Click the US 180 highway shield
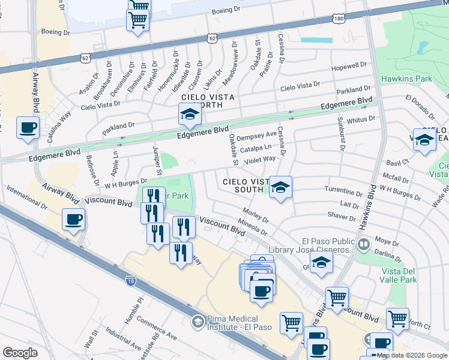339,19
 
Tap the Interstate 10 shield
131,280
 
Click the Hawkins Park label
406,79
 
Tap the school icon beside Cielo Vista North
189,114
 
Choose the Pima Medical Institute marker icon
197,322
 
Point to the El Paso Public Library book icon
363,244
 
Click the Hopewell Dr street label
352,65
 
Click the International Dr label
26,197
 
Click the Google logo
20,352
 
